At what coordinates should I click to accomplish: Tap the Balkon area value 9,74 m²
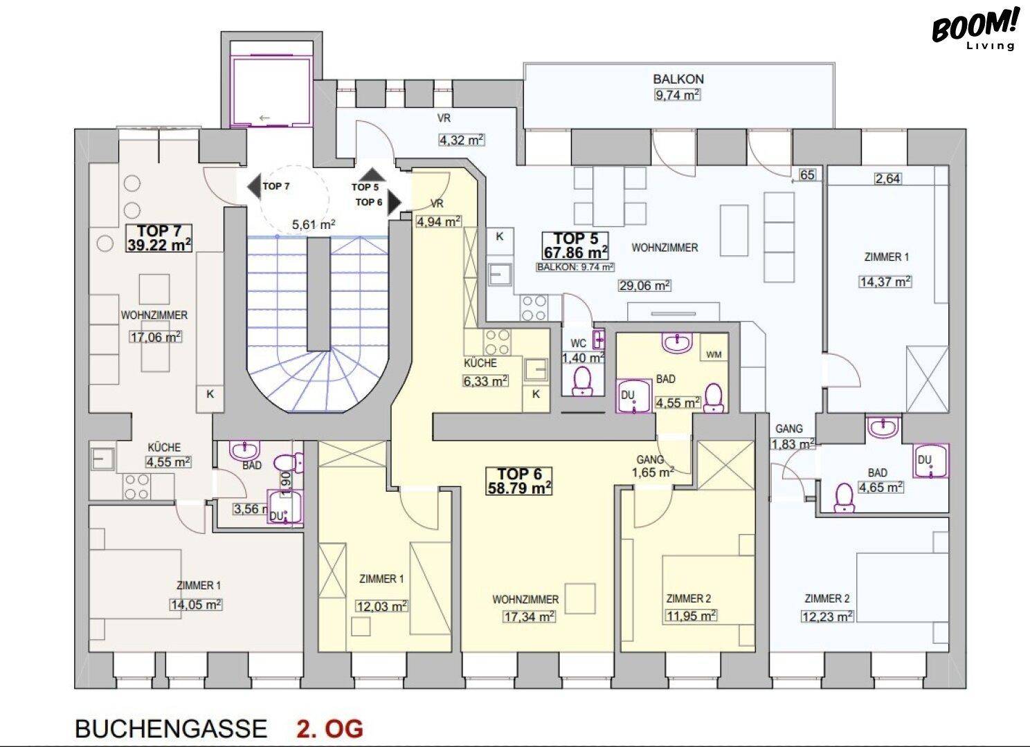pyautogui.click(x=677, y=95)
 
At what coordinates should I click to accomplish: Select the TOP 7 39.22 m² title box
pyautogui.click(x=159, y=238)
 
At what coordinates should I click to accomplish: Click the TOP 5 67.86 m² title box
pyautogui.click(x=576, y=246)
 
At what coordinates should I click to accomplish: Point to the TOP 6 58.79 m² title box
pyautogui.click(x=519, y=481)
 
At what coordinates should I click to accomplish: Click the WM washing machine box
pyautogui.click(x=714, y=354)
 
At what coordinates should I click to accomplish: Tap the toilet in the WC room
pyautogui.click(x=583, y=381)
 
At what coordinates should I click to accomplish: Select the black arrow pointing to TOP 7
pyautogui.click(x=254, y=187)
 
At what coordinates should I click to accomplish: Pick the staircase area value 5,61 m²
pyautogui.click(x=314, y=225)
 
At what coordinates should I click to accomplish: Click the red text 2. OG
pyautogui.click(x=329, y=728)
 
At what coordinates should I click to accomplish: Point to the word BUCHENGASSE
pyautogui.click(x=171, y=728)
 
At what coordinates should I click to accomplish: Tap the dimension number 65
pyautogui.click(x=807, y=174)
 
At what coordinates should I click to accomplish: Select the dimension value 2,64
pyautogui.click(x=887, y=178)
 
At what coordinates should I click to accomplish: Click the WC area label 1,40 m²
pyautogui.click(x=583, y=358)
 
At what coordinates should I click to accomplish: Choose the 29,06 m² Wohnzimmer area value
pyautogui.click(x=644, y=286)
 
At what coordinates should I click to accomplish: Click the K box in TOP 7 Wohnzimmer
pyautogui.click(x=210, y=394)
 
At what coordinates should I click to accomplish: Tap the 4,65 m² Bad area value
pyautogui.click(x=880, y=487)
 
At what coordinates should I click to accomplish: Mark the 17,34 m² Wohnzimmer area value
pyautogui.click(x=530, y=616)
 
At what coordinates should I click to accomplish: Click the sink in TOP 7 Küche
pyautogui.click(x=103, y=459)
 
